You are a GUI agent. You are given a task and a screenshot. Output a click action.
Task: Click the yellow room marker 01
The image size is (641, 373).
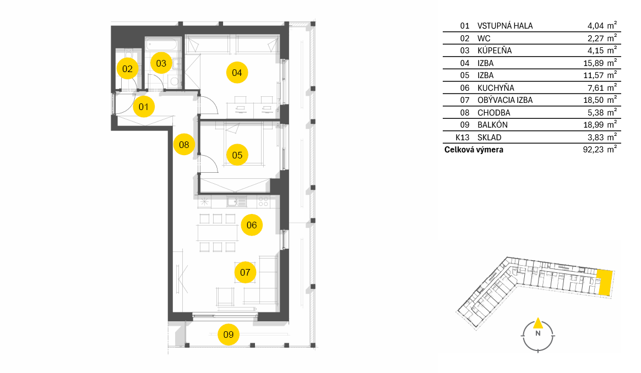[144, 107]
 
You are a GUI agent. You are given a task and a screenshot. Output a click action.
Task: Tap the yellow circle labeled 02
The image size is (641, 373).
[127, 69]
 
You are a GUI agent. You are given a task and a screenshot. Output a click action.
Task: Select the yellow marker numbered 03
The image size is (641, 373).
[161, 63]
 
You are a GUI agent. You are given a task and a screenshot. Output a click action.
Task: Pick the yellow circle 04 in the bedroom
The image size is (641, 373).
[237, 73]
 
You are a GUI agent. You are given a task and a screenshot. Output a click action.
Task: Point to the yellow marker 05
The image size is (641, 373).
[237, 155]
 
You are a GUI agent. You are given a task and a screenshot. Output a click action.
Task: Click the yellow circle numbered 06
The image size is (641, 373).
[252, 225]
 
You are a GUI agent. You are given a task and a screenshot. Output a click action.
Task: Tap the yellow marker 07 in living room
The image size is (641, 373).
[245, 272]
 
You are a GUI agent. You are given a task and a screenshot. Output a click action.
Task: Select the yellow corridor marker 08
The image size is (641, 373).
[184, 144]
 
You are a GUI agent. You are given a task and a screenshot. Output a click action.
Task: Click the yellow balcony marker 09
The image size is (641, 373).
[228, 334]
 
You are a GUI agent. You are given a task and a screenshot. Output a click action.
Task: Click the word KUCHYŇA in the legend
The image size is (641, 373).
[496, 88]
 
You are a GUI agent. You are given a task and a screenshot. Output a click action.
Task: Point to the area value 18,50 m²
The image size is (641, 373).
[600, 100]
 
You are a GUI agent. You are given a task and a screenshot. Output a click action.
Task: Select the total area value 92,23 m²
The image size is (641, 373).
[600, 149]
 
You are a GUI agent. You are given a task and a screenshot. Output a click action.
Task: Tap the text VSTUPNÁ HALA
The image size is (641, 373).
[505, 26]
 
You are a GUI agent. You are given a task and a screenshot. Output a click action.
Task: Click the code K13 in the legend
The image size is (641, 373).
[463, 138]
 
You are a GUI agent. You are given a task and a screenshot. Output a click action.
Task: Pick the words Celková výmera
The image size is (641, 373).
[474, 150]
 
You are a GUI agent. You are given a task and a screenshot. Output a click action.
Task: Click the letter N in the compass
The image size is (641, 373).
[538, 333]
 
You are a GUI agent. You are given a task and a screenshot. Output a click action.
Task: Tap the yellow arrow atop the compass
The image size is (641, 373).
[538, 323]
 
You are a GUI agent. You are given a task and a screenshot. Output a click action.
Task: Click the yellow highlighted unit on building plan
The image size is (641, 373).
[605, 282]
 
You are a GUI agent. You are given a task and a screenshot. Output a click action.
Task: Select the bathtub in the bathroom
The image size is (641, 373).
[163, 44]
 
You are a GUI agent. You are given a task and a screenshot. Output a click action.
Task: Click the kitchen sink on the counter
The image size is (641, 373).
[237, 202]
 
